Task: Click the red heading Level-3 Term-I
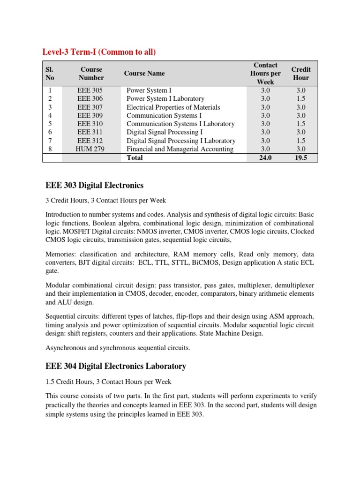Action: (x=99, y=52)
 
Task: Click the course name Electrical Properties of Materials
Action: (x=173, y=107)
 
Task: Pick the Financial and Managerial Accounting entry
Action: (x=180, y=149)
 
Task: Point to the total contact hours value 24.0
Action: (x=265, y=158)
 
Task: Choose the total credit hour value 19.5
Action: (x=301, y=158)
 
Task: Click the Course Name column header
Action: (x=144, y=74)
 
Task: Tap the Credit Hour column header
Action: (x=301, y=74)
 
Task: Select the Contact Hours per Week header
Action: (x=265, y=74)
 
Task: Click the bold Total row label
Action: (x=135, y=158)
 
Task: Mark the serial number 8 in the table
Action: (x=50, y=149)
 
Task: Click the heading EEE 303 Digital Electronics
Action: (x=94, y=186)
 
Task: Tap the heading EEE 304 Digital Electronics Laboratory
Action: (x=116, y=366)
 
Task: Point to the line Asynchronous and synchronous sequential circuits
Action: (x=118, y=348)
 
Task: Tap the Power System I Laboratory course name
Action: (x=165, y=98)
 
